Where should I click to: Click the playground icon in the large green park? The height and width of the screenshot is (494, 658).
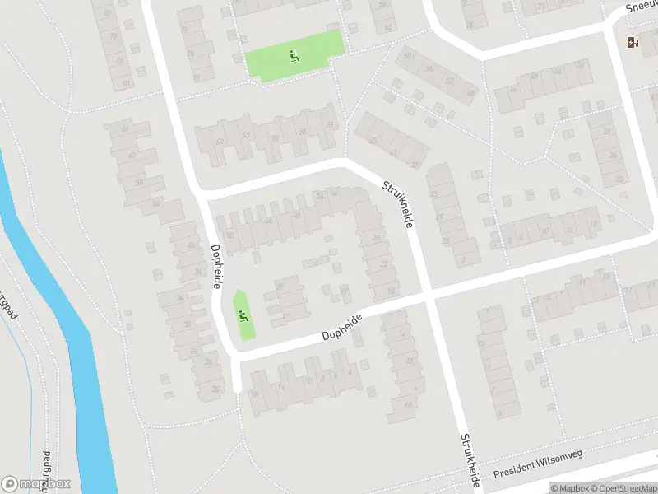[x=293, y=56]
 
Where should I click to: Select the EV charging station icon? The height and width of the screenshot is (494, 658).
[x=632, y=43]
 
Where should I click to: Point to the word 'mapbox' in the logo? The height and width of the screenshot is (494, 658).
[x=45, y=484]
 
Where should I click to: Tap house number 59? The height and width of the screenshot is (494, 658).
[x=275, y=138]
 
